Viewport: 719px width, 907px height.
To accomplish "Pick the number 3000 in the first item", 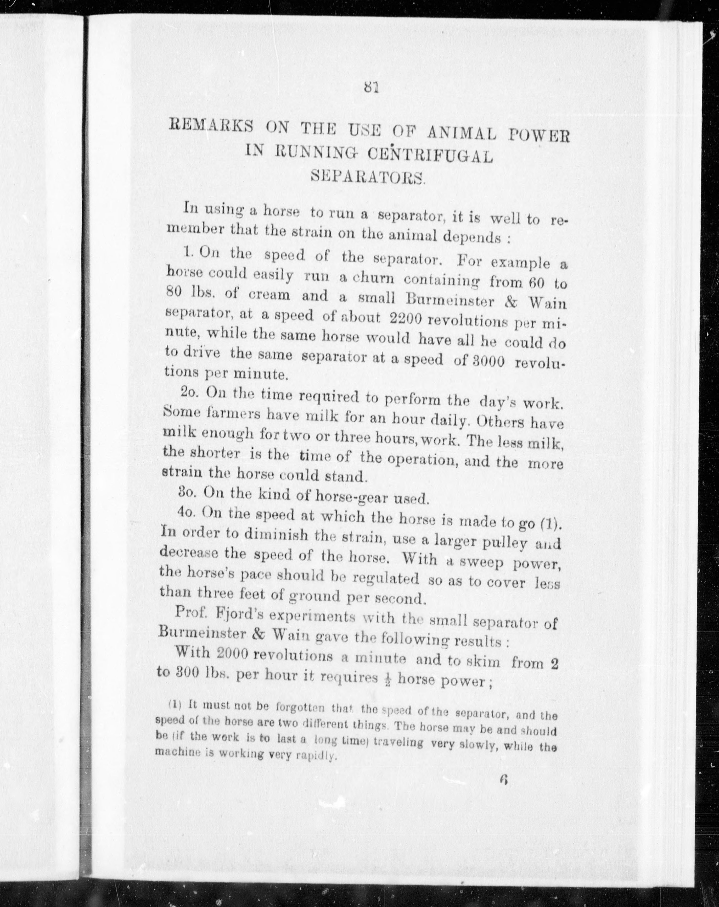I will pyautogui.click(x=484, y=361).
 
